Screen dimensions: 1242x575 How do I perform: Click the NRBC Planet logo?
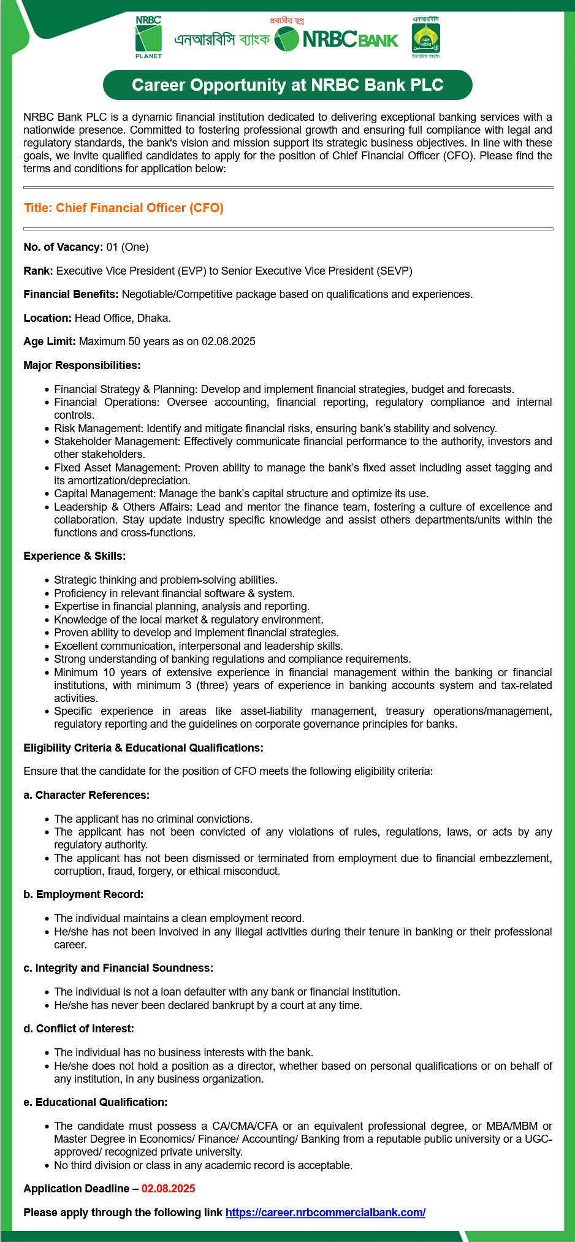click(148, 37)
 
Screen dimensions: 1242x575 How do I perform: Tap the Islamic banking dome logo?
click(425, 38)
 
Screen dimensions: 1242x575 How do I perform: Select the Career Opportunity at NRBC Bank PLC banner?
click(287, 85)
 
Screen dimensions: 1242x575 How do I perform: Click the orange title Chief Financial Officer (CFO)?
click(124, 208)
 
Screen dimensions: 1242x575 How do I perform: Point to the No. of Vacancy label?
click(63, 247)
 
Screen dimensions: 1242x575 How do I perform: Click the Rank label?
click(39, 271)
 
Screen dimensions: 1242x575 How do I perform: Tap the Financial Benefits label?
click(71, 294)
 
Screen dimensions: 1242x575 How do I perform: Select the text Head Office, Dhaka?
click(123, 318)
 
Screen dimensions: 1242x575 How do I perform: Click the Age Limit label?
click(50, 341)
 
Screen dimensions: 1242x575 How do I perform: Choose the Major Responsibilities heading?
click(82, 365)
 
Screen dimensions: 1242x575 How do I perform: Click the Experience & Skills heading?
click(74, 556)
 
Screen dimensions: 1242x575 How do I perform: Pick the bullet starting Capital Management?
click(241, 493)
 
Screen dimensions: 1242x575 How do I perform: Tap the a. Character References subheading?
click(86, 795)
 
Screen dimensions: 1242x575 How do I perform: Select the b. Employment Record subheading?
click(83, 894)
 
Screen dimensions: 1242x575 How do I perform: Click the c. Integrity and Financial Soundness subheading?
click(118, 968)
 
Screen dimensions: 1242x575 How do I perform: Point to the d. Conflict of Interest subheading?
click(78, 1029)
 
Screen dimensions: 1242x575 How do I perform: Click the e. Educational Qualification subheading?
click(95, 1102)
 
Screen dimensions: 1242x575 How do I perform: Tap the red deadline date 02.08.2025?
click(168, 1189)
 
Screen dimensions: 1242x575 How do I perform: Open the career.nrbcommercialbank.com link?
click(326, 1213)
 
